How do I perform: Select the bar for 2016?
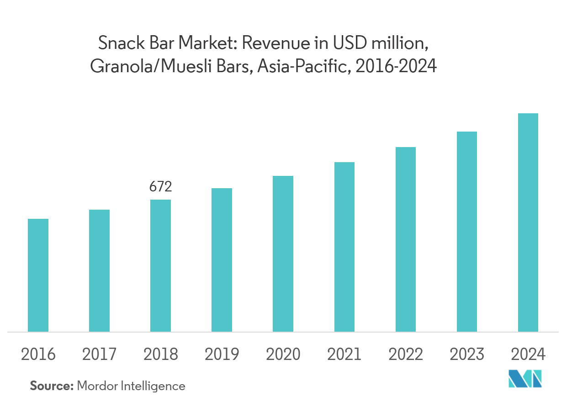pyautogui.click(x=38, y=275)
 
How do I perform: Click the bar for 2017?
pyautogui.click(x=99, y=270)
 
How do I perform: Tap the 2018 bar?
pyautogui.click(x=160, y=265)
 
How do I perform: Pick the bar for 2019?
pyautogui.click(x=222, y=260)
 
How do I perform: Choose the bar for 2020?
pyautogui.click(x=283, y=254)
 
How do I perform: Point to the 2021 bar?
pyautogui.click(x=344, y=247)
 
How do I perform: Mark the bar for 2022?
pyautogui.click(x=405, y=239)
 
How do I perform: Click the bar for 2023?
pyautogui.click(x=466, y=232)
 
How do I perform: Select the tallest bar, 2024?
pyautogui.click(x=528, y=222)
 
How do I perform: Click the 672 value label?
pyautogui.click(x=160, y=187)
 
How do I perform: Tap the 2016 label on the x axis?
pyautogui.click(x=38, y=354)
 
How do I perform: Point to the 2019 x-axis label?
pyautogui.click(x=222, y=354)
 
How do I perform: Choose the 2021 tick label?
pyautogui.click(x=344, y=354)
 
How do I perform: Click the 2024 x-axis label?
pyautogui.click(x=528, y=354)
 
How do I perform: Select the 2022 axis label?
pyautogui.click(x=405, y=354)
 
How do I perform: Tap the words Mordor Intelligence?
pyautogui.click(x=131, y=386)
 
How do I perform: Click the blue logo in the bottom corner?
pyautogui.click(x=525, y=379)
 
